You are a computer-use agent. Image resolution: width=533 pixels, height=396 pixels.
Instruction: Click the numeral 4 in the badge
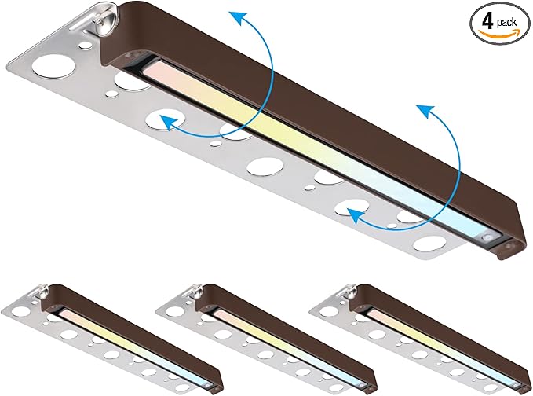(x=487, y=22)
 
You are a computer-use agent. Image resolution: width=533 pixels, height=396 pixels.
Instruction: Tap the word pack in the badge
(x=506, y=23)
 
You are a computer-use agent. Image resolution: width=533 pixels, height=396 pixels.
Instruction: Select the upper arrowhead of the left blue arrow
(x=238, y=17)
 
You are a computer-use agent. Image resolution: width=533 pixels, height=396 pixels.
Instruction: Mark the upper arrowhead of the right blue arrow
(x=425, y=111)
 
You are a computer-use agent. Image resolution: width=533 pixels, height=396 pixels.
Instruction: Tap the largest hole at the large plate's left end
(x=54, y=66)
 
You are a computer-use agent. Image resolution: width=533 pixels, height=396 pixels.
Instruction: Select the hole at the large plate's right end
(x=429, y=244)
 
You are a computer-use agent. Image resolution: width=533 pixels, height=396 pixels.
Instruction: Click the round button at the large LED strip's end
(x=487, y=238)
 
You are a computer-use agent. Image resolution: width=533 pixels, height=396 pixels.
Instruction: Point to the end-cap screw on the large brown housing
(x=509, y=246)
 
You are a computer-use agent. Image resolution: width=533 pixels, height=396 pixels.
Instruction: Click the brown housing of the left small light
(x=136, y=335)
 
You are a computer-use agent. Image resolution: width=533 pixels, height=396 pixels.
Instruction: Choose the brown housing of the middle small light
(x=289, y=335)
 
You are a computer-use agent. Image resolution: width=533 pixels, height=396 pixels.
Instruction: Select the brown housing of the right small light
(x=442, y=335)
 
